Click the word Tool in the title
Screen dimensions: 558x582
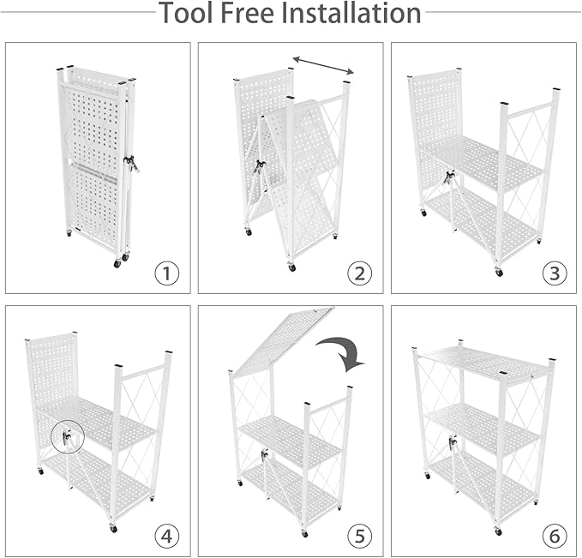pyautogui.click(x=188, y=14)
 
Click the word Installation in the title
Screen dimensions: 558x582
pyautogui.click(x=359, y=14)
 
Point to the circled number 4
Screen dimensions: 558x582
pyautogui.click(x=167, y=536)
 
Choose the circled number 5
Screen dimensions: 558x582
pyautogui.click(x=360, y=536)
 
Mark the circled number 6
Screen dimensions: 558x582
pyautogui.click(x=555, y=536)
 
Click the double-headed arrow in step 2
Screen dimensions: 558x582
pyautogui.click(x=323, y=65)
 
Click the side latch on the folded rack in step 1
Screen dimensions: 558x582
pyautogui.click(x=131, y=163)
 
